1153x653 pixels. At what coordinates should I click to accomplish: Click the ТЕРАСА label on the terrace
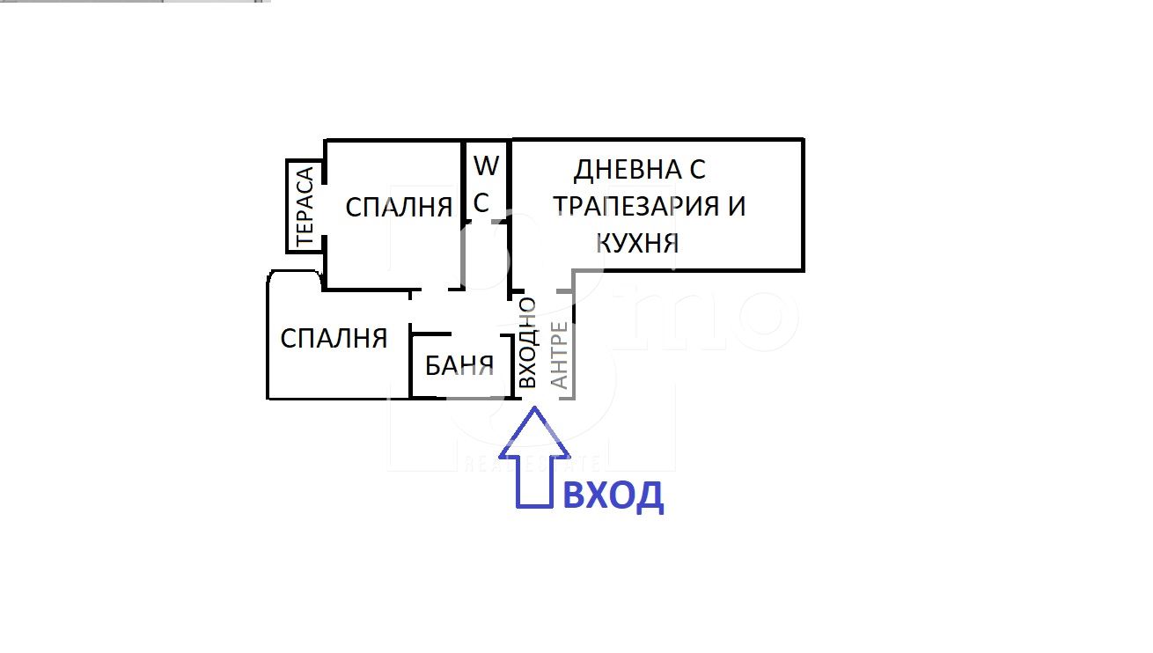[305, 206]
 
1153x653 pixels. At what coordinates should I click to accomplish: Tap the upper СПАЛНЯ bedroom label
[399, 208]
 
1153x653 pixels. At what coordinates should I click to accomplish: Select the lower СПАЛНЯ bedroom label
[334, 339]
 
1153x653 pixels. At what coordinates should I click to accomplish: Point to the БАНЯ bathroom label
[459, 365]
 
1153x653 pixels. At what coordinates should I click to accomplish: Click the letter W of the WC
[487, 165]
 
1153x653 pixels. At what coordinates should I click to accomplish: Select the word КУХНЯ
[637, 243]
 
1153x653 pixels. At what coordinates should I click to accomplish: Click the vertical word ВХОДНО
[527, 342]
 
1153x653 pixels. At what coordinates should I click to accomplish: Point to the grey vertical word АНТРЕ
[559, 355]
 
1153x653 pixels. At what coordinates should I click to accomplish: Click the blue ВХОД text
[613, 495]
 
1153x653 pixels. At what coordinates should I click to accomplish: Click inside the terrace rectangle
[305, 206]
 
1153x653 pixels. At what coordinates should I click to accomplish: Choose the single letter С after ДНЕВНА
[697, 169]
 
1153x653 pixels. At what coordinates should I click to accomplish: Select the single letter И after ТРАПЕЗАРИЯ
[737, 206]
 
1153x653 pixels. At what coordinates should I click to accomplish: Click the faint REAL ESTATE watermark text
[532, 464]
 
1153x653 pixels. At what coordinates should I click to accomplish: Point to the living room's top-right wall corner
[803, 140]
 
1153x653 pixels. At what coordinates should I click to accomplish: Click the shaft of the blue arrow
[534, 482]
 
